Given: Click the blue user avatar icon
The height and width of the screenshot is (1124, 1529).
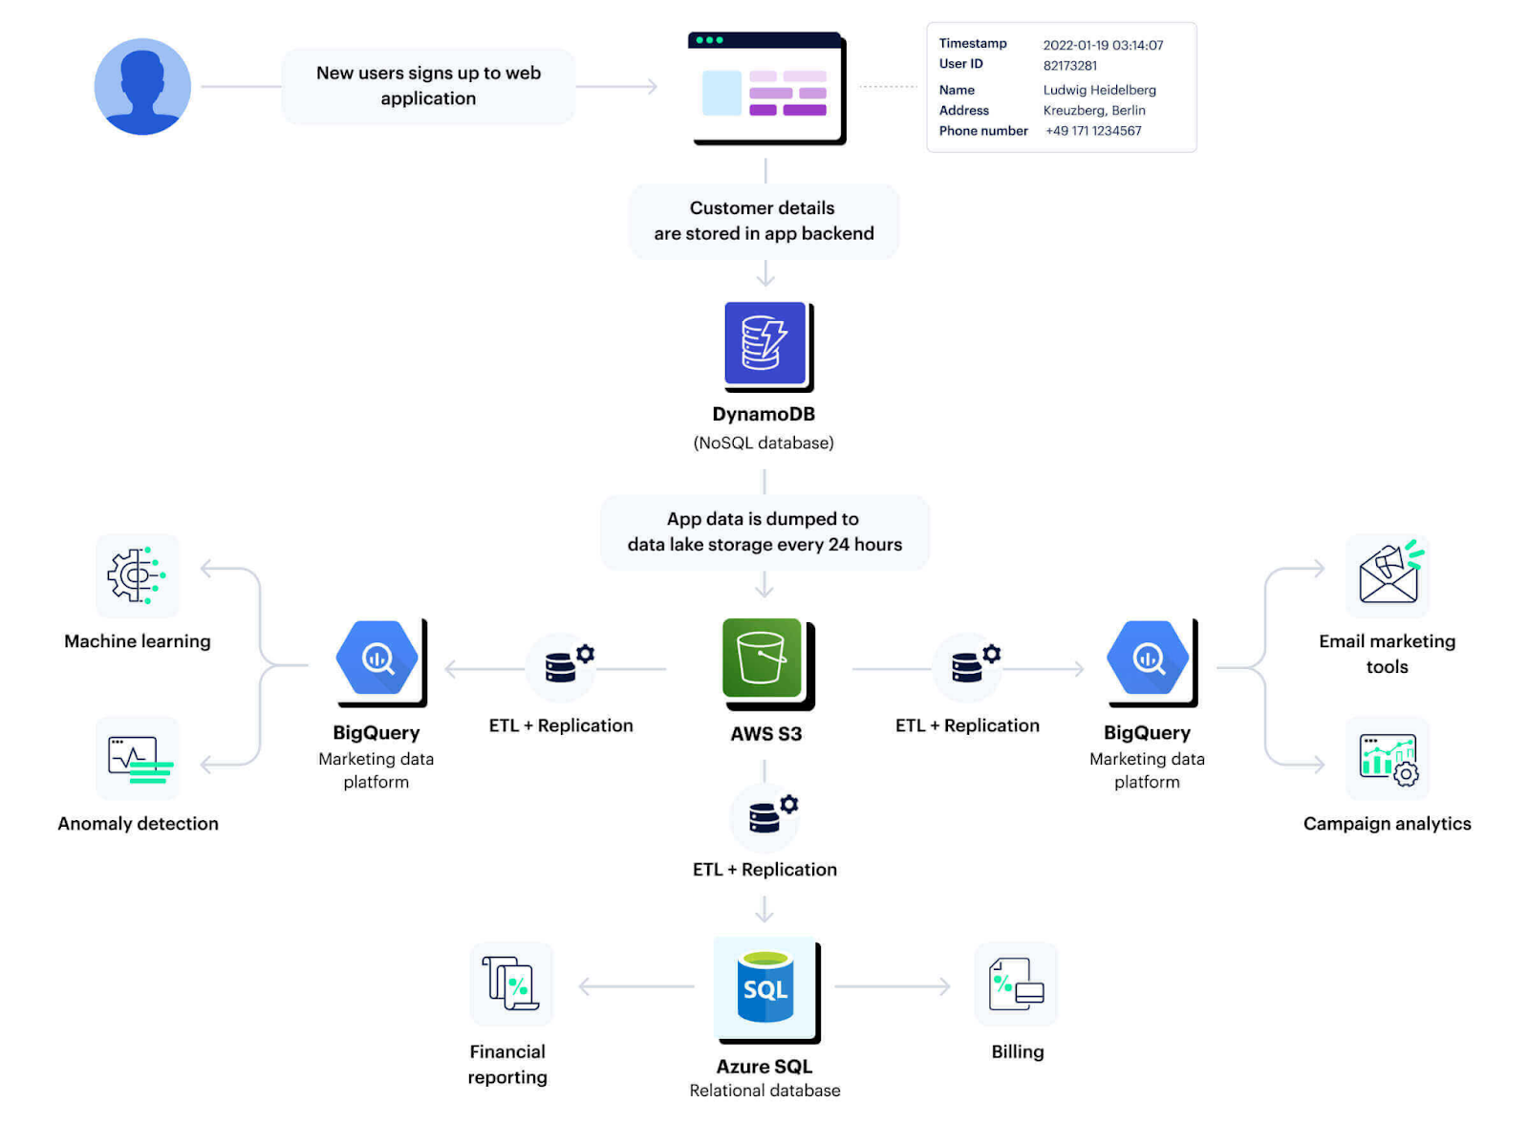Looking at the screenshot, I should [x=142, y=87].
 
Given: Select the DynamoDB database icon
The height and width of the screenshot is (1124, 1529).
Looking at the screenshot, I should [x=765, y=344].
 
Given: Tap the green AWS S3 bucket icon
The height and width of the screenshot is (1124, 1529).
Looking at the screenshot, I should [x=764, y=659].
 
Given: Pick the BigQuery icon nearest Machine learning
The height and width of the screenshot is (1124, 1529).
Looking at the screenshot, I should [x=377, y=659].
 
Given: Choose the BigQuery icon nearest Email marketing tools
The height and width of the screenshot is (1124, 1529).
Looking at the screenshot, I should [x=1148, y=659].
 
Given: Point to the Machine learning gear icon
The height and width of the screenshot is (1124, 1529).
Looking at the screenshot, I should [x=136, y=575].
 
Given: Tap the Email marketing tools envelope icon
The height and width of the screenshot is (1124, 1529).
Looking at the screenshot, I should [x=1389, y=573].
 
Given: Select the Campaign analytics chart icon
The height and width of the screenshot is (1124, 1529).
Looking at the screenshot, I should [x=1389, y=759].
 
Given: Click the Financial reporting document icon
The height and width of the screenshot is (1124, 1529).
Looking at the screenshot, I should [x=510, y=983].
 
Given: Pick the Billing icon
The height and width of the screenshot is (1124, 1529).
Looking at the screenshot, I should [x=1016, y=984].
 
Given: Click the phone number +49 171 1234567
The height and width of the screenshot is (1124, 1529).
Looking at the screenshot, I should [x=1093, y=131].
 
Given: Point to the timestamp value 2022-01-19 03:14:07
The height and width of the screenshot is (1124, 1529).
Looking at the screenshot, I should [x=1103, y=45].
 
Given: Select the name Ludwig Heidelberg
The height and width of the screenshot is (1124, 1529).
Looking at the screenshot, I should [x=1099, y=90].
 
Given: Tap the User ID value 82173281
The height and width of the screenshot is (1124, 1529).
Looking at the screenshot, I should [x=1069, y=66].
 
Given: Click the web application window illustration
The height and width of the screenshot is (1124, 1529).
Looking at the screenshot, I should [x=765, y=88].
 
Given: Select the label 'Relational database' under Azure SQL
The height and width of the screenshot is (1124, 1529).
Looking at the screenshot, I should [x=764, y=1091].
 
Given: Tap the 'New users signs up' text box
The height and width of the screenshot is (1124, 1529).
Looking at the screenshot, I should [x=428, y=86].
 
